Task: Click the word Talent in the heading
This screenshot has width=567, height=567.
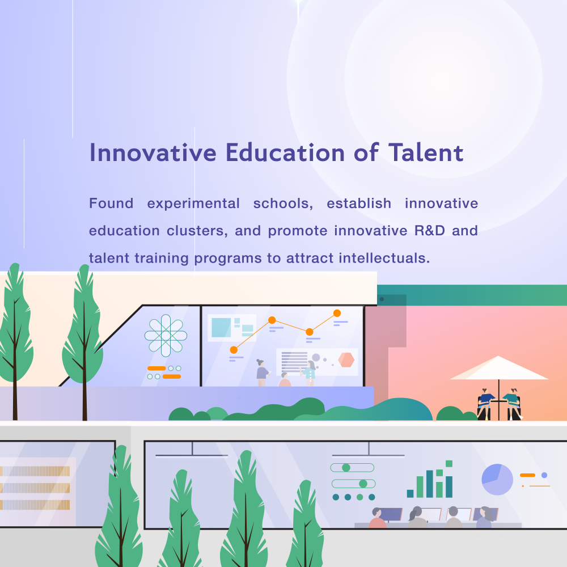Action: [x=426, y=153]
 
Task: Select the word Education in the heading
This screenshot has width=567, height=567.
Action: [x=285, y=153]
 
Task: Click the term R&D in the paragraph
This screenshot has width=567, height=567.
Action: [x=430, y=230]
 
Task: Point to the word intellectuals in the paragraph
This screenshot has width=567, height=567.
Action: [x=384, y=258]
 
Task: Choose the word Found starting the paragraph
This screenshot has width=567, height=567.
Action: [x=111, y=203]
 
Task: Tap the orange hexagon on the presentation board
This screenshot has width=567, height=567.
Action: [x=346, y=360]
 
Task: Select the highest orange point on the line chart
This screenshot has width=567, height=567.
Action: [x=337, y=313]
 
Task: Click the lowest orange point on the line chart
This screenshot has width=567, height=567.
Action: [x=234, y=350]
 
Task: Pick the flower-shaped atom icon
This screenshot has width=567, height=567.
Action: [x=166, y=336]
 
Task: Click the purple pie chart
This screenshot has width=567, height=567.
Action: [x=497, y=480]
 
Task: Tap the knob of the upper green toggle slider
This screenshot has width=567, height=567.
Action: [x=346, y=468]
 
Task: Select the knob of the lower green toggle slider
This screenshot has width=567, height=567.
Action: [x=363, y=484]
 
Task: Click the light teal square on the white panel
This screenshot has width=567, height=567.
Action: [x=221, y=328]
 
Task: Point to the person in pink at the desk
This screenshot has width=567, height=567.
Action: [x=377, y=518]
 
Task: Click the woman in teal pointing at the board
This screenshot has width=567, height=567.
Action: [x=309, y=373]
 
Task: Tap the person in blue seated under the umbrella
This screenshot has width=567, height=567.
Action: [x=485, y=404]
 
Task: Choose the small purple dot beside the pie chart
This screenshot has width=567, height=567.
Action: [x=544, y=475]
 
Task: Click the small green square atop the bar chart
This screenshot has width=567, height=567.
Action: [x=449, y=464]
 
